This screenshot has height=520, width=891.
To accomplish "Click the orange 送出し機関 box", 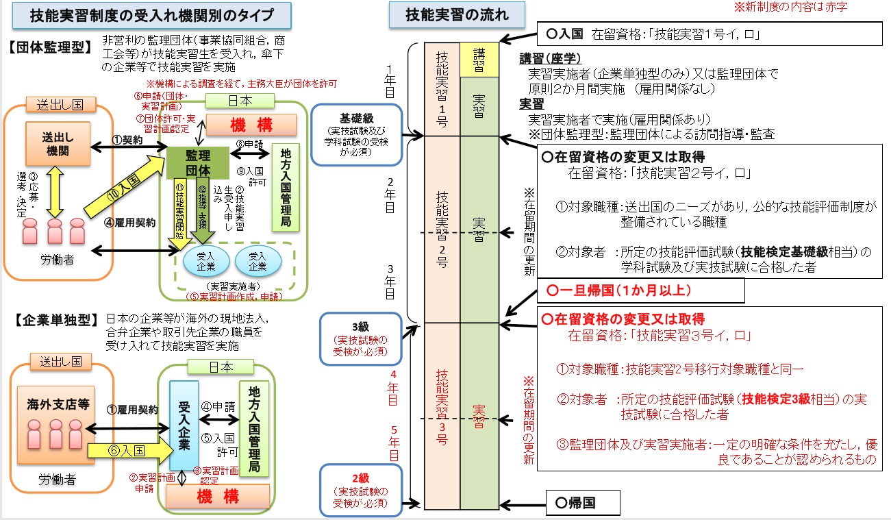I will pos(60,144).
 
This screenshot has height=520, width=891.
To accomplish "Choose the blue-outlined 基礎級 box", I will pos(355,135).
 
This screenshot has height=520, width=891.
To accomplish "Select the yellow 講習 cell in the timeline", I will pos(479,60).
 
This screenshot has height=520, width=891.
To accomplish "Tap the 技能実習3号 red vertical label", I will pos(442,408).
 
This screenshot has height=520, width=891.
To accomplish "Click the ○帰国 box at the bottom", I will pos(582,503).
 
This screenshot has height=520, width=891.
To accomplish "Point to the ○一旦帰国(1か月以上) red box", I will pos(641,290).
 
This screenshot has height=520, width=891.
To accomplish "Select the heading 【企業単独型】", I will pos(53,319).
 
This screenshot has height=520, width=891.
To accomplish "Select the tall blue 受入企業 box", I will pos(184,425).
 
